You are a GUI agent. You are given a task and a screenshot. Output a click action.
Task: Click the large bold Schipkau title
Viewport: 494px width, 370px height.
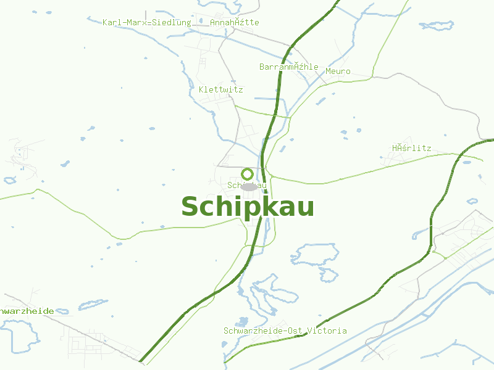pos(248,207)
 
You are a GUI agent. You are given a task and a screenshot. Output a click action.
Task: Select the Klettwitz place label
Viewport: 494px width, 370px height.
pos(221,89)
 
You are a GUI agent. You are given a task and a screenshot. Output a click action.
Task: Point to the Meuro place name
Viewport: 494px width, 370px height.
pos(338,71)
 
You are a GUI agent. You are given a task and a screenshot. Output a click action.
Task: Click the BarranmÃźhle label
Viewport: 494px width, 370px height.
pos(289,67)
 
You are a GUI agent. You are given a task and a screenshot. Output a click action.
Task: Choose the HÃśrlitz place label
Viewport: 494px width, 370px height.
pos(411,148)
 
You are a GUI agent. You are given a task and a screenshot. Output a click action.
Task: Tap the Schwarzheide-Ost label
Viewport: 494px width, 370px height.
pos(263,331)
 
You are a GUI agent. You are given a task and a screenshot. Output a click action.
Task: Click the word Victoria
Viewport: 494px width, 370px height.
pos(327,331)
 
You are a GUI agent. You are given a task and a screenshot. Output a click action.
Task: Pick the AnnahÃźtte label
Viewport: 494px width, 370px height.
pos(235,22)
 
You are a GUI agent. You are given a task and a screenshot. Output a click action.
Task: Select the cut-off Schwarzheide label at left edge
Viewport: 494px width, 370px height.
pos(27,311)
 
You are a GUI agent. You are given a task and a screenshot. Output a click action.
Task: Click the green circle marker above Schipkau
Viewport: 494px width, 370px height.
pos(248,174)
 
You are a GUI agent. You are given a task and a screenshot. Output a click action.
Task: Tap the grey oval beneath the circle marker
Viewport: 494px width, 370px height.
pos(249,186)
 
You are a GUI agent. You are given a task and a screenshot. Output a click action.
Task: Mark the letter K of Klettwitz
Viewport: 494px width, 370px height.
pos(201,89)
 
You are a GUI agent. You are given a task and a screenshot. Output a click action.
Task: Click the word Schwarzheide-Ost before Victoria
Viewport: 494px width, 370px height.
pos(263,331)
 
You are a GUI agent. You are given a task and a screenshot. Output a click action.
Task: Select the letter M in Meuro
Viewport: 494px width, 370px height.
pos(328,71)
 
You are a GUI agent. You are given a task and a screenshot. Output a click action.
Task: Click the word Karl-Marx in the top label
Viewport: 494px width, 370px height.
pos(124,22)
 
